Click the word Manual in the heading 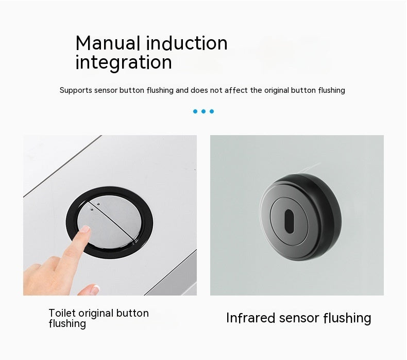coord(109,43)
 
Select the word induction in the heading coord(187,43)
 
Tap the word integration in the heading coord(124,63)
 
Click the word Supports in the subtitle coord(76,90)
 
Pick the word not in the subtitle coord(216,90)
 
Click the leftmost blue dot coord(195,111)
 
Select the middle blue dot coord(203,111)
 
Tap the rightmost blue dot coord(212,111)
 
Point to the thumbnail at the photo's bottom coord(94,289)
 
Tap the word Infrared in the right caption coord(251,318)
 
